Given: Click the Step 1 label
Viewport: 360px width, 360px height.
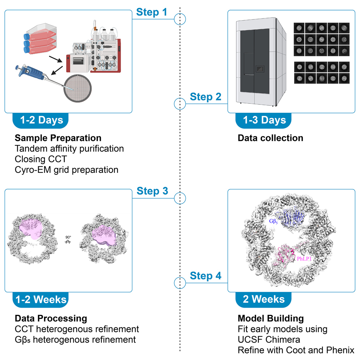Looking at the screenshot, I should pos(151,12).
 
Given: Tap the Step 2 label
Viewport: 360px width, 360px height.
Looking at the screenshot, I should pos(206,97).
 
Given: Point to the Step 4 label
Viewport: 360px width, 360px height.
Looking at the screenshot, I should pos(206,276).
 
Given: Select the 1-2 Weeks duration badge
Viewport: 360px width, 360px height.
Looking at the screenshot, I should pos(41,300).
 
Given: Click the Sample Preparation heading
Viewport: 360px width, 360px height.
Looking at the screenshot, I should pos(58,138).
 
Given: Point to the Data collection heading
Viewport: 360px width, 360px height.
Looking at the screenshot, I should pos(270,138).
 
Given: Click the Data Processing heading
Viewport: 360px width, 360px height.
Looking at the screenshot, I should pos(51,318).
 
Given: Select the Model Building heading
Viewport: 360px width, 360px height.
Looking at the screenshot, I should pos(271,318).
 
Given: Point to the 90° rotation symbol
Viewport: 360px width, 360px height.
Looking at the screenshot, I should pos(67,240).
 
